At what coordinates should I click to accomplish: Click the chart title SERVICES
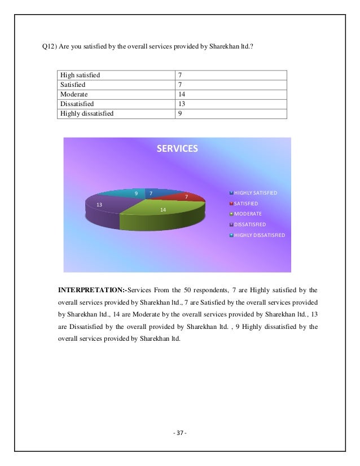pos(177,149)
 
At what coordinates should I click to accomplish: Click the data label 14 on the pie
pos(163,209)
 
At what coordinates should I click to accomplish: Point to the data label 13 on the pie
pos(99,204)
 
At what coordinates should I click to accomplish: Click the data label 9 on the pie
pos(136,194)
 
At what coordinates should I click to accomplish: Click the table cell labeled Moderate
pos(74,94)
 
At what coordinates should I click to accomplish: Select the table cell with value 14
pos(182,94)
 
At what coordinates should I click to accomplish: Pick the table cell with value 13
pos(182,104)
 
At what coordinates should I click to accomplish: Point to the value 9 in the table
pos(179,113)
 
